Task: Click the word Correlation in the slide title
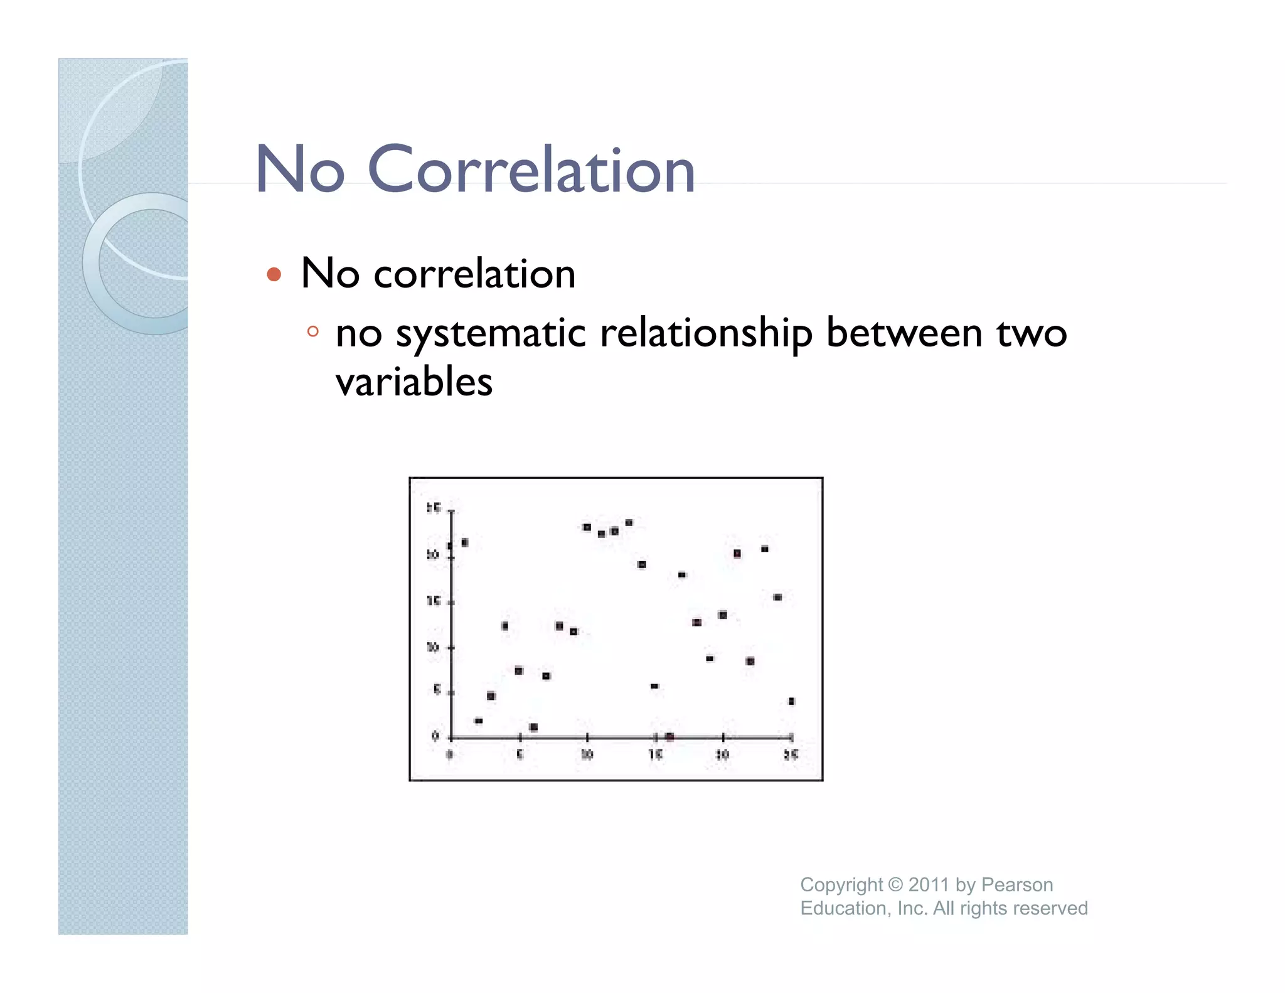531,169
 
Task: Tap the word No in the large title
300,169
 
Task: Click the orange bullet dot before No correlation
274,274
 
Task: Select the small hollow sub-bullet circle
313,331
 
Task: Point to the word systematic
491,333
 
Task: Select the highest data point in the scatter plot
629,523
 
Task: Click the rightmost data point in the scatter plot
791,701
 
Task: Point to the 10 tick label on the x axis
587,754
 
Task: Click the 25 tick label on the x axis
791,754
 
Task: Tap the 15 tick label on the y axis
433,601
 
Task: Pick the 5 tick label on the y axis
437,690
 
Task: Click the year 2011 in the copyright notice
928,884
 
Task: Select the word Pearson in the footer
1017,884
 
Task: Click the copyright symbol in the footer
895,884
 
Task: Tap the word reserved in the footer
1050,908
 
